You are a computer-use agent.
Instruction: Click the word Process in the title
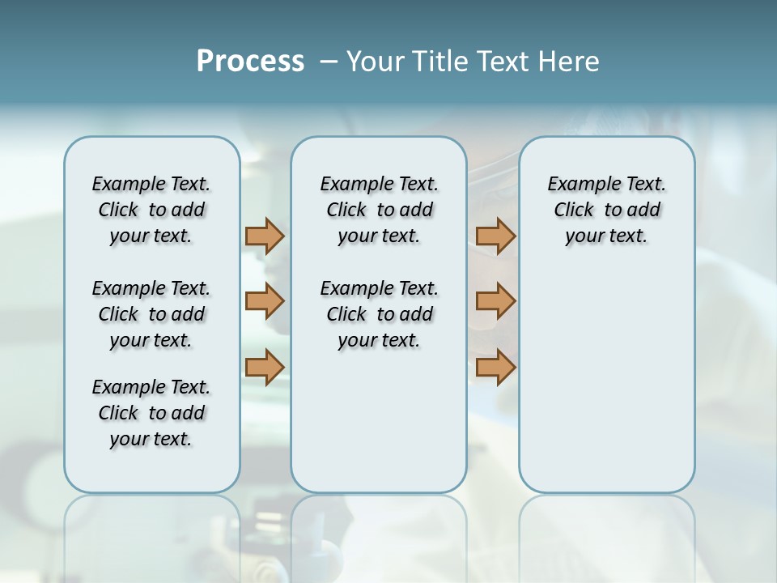250,62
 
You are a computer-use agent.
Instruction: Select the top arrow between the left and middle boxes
265,236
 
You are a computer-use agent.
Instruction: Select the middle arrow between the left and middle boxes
265,301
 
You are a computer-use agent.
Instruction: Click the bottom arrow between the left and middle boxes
265,367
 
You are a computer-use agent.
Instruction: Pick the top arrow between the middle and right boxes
495,236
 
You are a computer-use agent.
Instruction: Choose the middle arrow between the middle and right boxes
495,301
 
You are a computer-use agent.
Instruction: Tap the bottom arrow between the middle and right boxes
495,367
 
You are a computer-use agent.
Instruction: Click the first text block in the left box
151,210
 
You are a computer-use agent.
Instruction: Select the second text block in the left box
151,314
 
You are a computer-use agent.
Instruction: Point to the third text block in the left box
151,413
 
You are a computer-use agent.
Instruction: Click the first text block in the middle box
379,210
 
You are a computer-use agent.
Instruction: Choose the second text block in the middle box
379,314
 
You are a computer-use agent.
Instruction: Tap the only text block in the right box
606,210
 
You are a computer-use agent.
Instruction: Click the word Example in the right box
578,185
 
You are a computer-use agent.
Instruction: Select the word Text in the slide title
503,62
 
